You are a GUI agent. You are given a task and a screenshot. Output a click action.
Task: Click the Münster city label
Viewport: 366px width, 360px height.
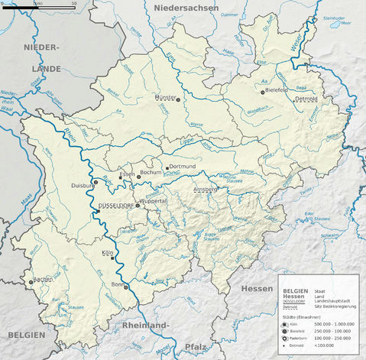click(164, 98)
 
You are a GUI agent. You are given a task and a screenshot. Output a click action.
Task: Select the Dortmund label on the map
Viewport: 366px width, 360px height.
click(183, 166)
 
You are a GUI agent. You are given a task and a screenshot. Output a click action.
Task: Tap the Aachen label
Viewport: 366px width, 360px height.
click(43, 280)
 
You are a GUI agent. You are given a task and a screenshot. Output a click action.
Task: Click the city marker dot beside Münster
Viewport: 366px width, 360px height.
click(179, 99)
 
